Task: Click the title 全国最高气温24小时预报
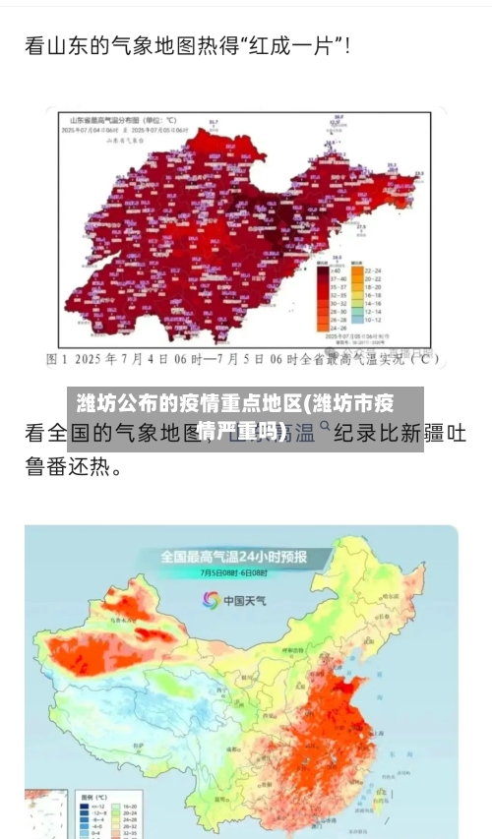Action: coord(234,556)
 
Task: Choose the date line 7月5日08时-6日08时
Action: coord(234,572)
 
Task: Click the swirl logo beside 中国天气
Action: coord(210,599)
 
